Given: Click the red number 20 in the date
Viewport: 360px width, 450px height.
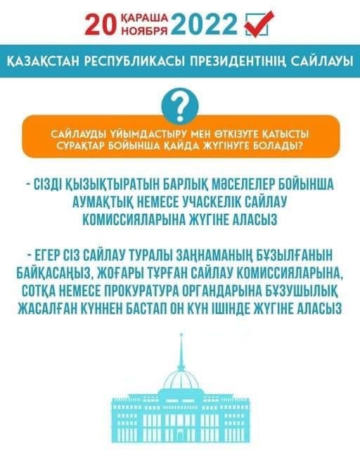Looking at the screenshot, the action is point(101,25).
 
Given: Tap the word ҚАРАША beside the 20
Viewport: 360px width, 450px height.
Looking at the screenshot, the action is point(145,18).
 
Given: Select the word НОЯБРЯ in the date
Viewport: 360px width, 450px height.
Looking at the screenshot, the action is point(145,30).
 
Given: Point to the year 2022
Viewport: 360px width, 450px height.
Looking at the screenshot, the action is point(205,25).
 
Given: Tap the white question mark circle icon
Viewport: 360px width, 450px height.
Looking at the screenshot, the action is point(180,105).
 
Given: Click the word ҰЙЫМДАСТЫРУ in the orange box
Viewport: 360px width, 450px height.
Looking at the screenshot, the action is point(146,134).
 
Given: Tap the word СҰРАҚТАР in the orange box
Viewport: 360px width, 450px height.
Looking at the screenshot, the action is point(79,146).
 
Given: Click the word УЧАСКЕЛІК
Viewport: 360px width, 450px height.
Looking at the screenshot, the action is point(212,202).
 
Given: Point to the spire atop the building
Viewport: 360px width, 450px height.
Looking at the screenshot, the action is point(181,352).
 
